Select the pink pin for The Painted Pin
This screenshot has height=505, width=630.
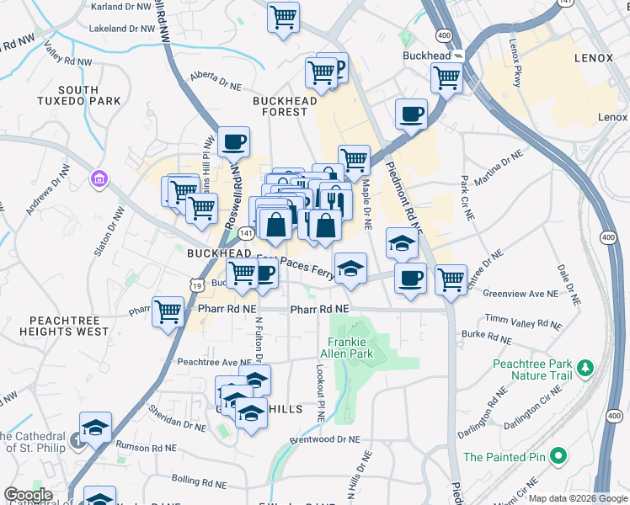pos(557,457)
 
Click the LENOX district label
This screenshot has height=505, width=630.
pos(599,58)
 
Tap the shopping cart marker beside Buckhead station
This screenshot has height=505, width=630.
pos(446,77)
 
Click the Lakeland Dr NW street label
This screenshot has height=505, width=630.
pos(122,28)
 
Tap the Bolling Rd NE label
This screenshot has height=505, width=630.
pos(192,484)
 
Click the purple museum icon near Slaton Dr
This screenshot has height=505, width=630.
pos(99,178)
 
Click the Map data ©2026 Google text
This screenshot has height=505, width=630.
pos(579,498)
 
